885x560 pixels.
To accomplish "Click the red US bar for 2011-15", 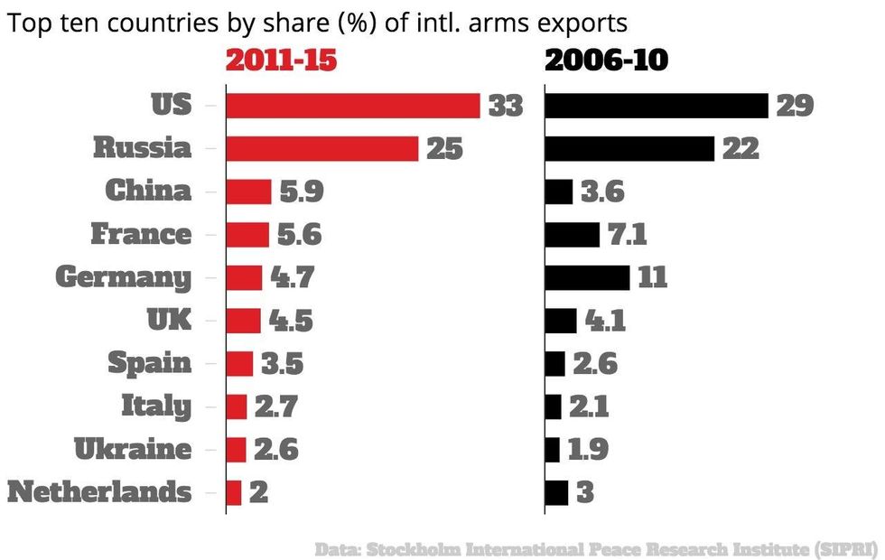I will coord(352,106).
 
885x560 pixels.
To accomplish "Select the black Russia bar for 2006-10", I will coord(629,148).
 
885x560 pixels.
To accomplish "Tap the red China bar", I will coord(248,191).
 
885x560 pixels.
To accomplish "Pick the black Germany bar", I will coord(587,277).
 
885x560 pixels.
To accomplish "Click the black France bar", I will coord(573,235).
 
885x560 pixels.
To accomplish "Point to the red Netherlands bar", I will coord(234,493).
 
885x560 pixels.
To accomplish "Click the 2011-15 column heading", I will coord(281,61).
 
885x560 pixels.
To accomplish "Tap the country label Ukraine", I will coord(134,450).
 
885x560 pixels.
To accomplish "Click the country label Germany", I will coord(124,277).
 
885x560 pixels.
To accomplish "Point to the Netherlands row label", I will coord(99,493).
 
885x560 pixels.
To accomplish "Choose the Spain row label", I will coord(150,363).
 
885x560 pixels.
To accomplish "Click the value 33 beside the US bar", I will coord(506,106).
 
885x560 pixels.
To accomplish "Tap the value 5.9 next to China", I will coord(301,191).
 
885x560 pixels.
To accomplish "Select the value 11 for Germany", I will coord(652,277).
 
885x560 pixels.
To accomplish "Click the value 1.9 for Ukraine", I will coord(589,450).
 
